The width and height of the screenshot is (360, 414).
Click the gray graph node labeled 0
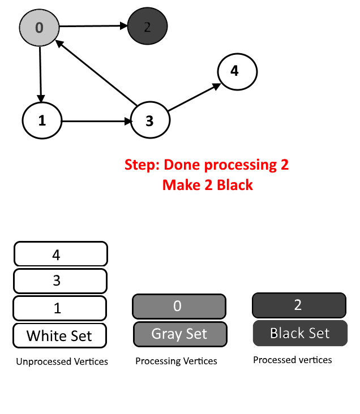coord(39,28)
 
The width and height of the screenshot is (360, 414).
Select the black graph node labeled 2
coord(147,26)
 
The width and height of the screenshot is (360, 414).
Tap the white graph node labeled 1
coord(42,120)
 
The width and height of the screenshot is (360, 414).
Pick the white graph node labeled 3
coord(150,120)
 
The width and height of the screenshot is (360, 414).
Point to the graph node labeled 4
coord(237,72)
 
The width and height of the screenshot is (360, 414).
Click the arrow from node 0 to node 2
coord(93,26)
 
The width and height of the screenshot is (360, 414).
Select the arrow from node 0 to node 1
coord(40,74)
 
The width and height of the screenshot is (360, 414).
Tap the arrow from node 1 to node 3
coord(96,121)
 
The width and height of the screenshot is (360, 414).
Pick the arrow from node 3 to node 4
coord(194,97)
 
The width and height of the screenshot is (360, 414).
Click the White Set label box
coord(60,335)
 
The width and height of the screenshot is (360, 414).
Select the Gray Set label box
coord(180,334)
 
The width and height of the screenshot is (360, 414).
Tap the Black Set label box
coord(300,333)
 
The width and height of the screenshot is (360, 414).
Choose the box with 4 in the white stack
coord(61,254)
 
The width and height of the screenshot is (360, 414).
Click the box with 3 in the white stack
coord(60,281)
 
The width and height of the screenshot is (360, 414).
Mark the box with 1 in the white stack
coord(60,308)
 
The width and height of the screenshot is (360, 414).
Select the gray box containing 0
coord(179,307)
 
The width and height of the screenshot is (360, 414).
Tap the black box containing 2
coord(299,305)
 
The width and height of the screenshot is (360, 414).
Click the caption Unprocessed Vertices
coord(62,361)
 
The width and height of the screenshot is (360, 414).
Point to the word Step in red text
coord(140,165)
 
